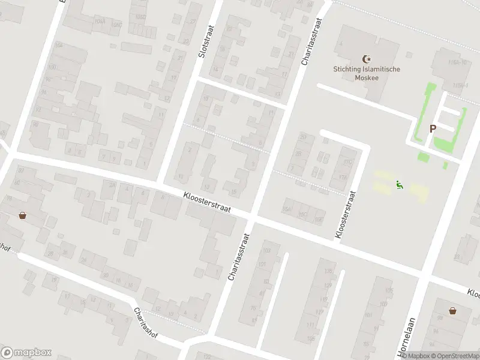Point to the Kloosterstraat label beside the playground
(346, 215)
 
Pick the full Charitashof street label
(145, 323)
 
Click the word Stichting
(349, 69)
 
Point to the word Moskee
(367, 77)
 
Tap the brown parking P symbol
(433, 128)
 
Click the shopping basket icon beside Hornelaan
(452, 310)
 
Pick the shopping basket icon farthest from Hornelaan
(22, 215)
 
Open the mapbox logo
(26, 352)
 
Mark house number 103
(268, 250)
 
